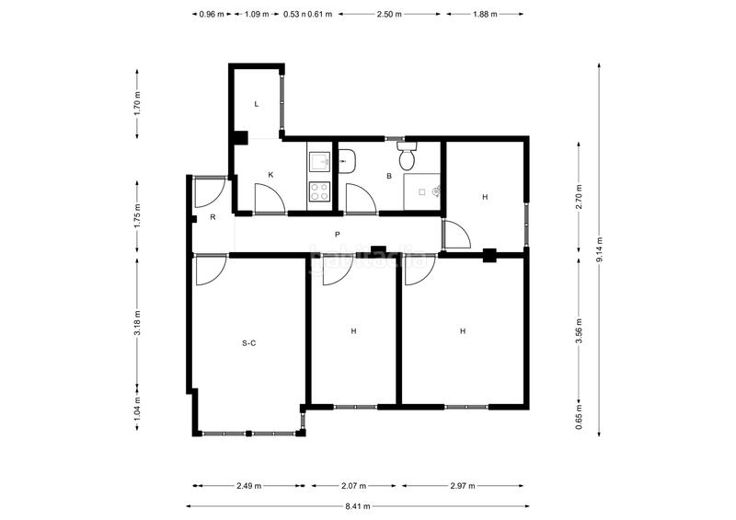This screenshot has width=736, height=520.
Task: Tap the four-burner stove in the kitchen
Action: point(319,191)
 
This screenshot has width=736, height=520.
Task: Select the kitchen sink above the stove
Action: point(319,163)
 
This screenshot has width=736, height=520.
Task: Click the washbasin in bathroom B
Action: point(347,161)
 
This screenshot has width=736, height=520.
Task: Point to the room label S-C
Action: point(248,343)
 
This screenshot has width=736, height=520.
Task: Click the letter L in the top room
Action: point(257,104)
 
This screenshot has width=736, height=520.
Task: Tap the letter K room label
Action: point(270,175)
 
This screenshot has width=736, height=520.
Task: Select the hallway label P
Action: point(338,235)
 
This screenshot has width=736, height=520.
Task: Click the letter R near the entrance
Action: point(213,217)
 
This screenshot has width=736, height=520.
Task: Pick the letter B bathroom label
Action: point(389,176)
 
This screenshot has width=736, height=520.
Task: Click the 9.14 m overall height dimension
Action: point(599,249)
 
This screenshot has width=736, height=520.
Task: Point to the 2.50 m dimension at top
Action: point(390,15)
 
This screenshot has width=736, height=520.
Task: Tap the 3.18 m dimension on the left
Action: point(137,327)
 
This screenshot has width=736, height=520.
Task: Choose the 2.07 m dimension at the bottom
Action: point(353,485)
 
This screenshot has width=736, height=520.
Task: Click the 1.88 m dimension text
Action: point(484,15)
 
